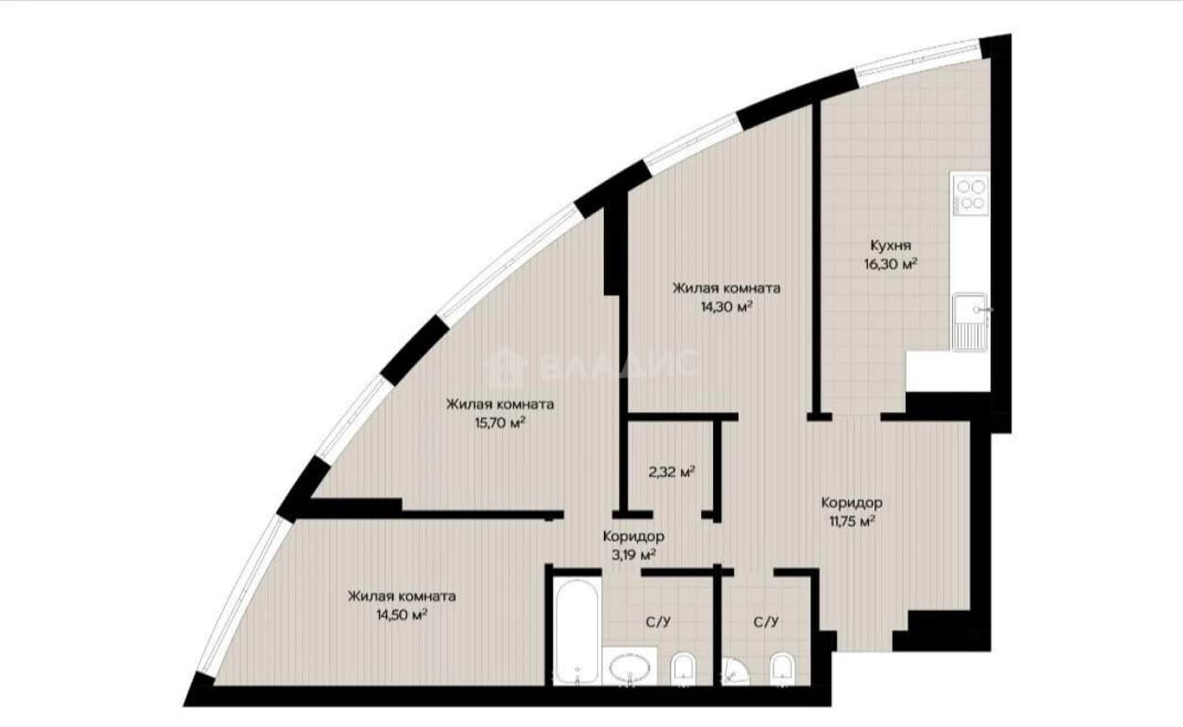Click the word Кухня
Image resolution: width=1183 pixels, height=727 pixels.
(x=891, y=245)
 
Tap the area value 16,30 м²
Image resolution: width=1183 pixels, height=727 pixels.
(x=891, y=264)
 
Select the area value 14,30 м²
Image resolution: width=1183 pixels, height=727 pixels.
(x=726, y=306)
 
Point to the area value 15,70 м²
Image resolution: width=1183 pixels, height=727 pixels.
(x=500, y=422)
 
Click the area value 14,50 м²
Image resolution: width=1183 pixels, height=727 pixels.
(x=401, y=615)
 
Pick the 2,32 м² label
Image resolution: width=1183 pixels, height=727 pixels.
(x=672, y=472)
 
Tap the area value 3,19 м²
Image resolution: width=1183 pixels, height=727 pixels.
(x=633, y=554)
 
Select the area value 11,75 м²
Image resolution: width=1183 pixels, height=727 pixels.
(x=852, y=521)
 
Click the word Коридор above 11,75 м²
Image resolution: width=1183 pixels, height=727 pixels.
(x=851, y=504)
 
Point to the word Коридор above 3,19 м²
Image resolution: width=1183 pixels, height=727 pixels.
(x=634, y=537)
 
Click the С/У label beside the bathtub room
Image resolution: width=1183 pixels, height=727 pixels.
(x=658, y=622)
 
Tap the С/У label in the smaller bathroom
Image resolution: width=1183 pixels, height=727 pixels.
(x=766, y=622)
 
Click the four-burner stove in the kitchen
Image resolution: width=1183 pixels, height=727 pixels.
(x=971, y=193)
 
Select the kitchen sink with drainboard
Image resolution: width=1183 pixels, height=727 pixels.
(x=971, y=322)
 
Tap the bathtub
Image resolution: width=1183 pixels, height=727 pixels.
(x=576, y=632)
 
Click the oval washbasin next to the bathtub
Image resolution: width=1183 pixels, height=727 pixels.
(x=629, y=668)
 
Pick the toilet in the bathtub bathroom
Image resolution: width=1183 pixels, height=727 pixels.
(x=684, y=669)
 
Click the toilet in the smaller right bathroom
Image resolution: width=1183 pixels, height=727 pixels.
(x=782, y=669)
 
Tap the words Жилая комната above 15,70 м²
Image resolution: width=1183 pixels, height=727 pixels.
(x=500, y=405)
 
